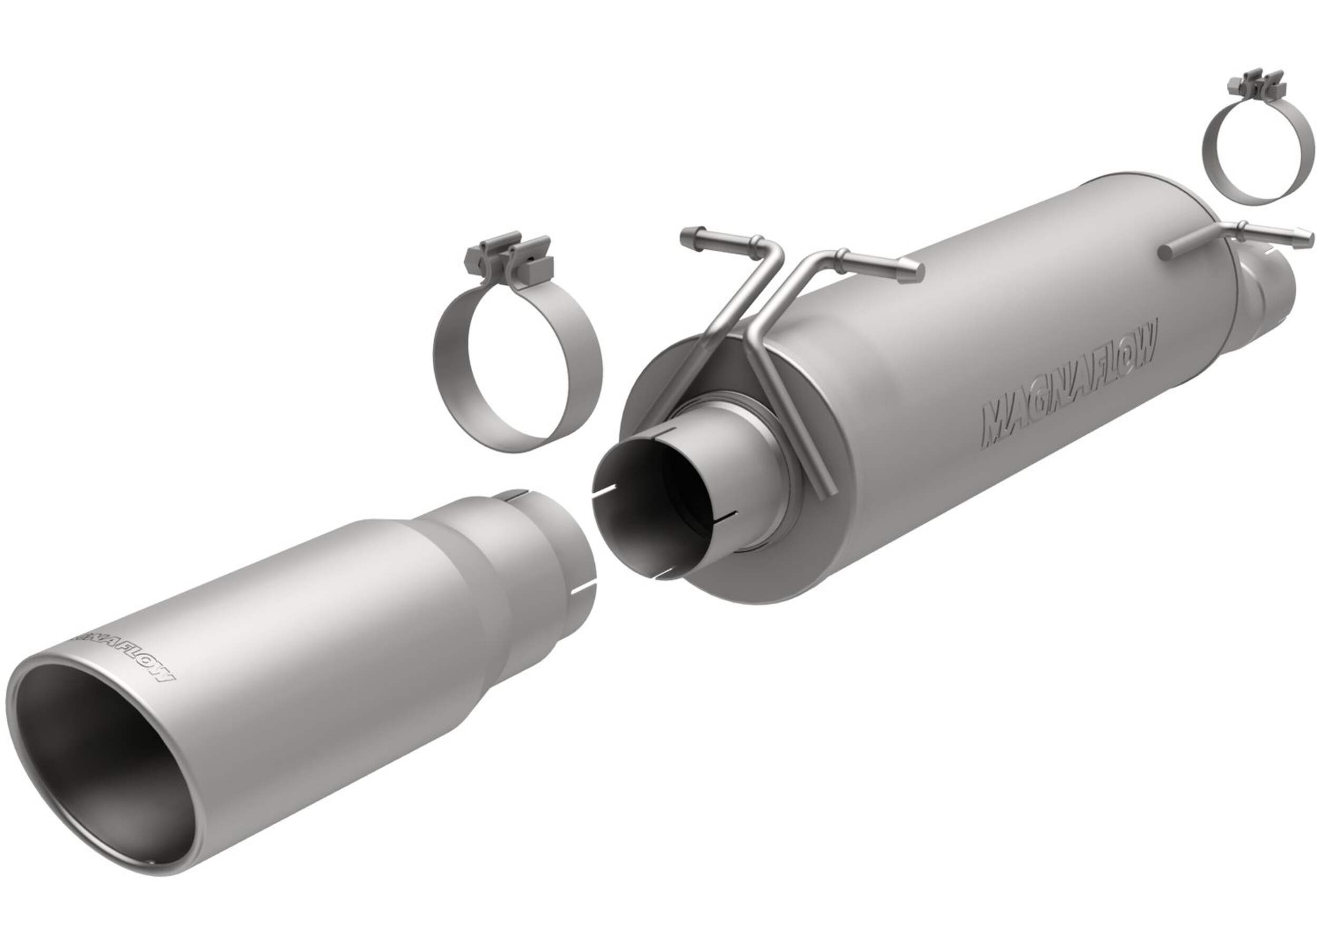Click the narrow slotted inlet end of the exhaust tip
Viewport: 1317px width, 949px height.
[x=557, y=540]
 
